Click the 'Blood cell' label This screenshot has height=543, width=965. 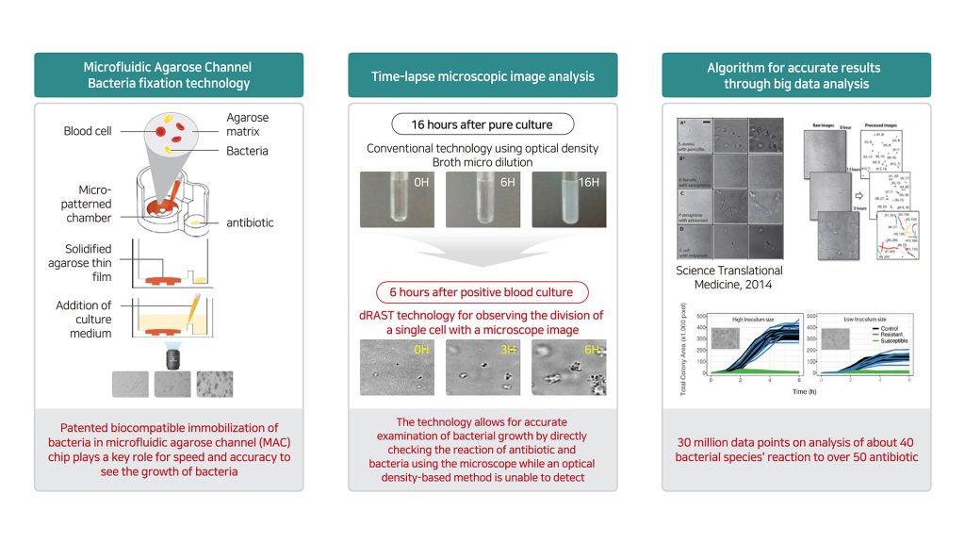[88, 131]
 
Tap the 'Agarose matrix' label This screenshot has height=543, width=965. [248, 125]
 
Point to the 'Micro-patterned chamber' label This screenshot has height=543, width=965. [88, 205]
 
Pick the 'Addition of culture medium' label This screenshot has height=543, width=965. [84, 319]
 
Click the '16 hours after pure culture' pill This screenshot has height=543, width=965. [482, 124]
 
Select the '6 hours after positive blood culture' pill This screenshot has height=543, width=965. [482, 292]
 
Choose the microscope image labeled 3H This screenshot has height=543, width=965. [482, 368]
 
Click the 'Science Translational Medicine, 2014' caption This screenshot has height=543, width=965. [729, 277]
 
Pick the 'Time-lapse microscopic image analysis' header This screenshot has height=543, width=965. [482, 76]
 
